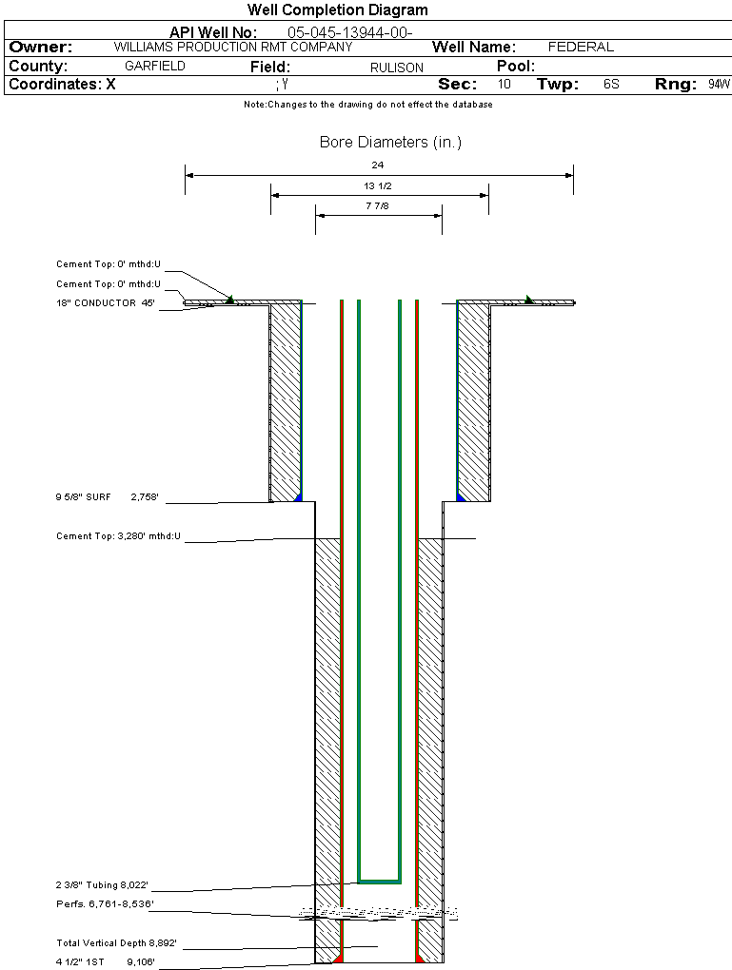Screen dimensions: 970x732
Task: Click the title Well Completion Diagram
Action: click(337, 10)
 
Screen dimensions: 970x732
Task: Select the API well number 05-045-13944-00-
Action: click(349, 32)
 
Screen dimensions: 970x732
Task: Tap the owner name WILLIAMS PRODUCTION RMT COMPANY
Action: click(233, 47)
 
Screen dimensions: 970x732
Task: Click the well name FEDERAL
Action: click(581, 47)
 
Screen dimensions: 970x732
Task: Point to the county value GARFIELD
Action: click(155, 67)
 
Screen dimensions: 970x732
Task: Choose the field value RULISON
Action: click(397, 68)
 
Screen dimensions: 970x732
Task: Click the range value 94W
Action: click(719, 85)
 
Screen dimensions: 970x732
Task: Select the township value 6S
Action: click(611, 85)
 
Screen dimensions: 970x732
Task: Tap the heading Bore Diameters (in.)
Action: click(390, 143)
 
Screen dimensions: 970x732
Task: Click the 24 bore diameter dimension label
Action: click(378, 165)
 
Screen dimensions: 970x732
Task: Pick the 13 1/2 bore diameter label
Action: click(378, 185)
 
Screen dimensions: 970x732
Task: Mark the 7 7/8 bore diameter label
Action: click(378, 205)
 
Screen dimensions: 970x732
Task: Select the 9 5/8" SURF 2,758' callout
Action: click(107, 497)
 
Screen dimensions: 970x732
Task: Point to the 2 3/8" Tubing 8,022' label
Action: click(116, 884)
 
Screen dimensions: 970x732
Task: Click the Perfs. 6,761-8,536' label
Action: click(105, 903)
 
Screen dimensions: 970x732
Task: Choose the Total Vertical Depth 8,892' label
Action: click(117, 943)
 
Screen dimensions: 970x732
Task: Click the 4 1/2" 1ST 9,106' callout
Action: click(106, 961)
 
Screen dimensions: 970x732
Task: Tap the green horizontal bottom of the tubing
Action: click(379, 880)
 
